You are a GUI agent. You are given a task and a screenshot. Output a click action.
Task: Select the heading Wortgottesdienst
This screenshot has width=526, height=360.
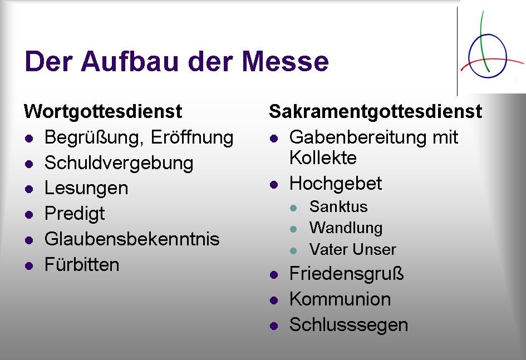(x=103, y=112)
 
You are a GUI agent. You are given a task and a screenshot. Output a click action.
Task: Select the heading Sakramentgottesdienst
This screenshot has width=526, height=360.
(x=375, y=112)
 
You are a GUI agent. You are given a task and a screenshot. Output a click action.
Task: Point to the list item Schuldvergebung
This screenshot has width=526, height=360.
(x=119, y=163)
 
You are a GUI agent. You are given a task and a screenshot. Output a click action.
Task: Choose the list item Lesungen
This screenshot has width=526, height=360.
(x=86, y=189)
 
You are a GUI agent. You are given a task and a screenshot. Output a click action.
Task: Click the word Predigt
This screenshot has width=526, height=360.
(x=75, y=214)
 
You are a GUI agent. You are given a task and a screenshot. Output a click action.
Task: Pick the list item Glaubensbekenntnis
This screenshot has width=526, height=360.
(x=132, y=239)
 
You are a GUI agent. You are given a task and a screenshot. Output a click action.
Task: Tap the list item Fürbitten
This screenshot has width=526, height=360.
(x=82, y=265)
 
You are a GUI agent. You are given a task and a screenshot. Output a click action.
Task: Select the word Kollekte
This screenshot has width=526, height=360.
(x=323, y=158)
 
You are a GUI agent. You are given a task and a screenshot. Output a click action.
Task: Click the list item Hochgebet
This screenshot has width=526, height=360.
(x=336, y=184)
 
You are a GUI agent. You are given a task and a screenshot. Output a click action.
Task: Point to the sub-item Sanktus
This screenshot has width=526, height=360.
(x=338, y=207)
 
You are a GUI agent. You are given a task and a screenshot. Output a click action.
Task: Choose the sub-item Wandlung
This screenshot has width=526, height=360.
(x=346, y=228)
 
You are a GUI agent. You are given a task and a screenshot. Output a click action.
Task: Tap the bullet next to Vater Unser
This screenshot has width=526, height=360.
(x=294, y=250)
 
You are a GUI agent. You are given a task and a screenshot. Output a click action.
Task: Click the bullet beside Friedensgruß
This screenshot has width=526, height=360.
(x=273, y=275)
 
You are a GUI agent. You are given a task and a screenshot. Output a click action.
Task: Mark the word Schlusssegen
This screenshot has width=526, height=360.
(x=348, y=325)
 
